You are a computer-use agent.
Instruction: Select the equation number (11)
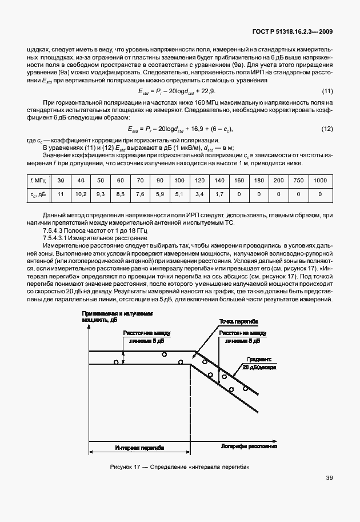point(327,91)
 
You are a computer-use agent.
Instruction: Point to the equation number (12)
point(327,129)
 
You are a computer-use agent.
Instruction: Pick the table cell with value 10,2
point(81,194)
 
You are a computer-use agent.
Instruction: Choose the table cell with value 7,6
point(140,194)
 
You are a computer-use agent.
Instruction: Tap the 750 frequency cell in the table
point(298,180)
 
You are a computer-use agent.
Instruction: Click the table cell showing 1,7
point(219,194)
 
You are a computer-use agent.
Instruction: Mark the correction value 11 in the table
point(61,194)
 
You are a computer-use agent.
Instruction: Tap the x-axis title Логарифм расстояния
point(250,444)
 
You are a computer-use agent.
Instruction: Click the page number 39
point(329,493)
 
